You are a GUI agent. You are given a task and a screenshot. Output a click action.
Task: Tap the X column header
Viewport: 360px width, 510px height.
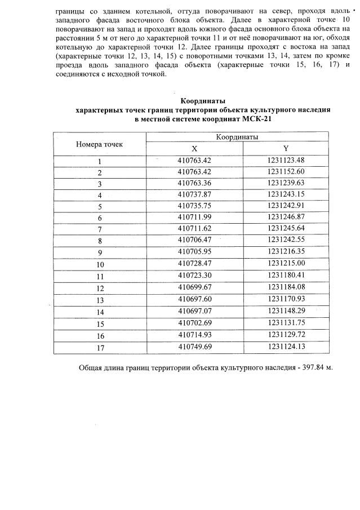tap(194, 149)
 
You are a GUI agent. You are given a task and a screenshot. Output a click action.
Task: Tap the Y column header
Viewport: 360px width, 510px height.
tap(286, 149)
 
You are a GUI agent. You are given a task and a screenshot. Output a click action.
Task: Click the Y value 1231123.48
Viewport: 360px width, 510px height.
tap(286, 161)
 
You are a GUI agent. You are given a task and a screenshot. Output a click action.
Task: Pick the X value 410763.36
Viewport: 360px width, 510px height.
tap(194, 184)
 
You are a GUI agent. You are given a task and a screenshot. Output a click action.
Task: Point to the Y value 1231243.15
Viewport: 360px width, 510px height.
tap(286, 195)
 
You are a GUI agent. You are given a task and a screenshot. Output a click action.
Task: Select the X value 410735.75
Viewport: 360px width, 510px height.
tap(194, 206)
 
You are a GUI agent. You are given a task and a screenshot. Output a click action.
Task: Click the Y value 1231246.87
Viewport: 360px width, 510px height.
tap(286, 218)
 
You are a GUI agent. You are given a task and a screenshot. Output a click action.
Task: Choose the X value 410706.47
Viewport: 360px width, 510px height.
tap(194, 241)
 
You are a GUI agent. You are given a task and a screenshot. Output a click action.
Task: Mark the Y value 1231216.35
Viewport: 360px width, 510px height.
tap(286, 252)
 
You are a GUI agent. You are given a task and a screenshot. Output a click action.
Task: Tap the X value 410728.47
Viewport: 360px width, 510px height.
tap(194, 264)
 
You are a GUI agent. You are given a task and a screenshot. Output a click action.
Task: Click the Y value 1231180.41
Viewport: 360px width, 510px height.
tap(286, 275)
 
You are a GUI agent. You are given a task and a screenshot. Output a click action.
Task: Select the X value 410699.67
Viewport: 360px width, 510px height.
tap(194, 287)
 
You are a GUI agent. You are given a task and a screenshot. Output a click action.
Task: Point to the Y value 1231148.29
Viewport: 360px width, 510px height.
tap(286, 310)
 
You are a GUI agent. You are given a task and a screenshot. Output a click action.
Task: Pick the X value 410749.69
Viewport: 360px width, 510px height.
tap(194, 347)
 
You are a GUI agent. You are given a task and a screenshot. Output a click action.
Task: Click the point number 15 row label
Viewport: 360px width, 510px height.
tap(99, 323)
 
